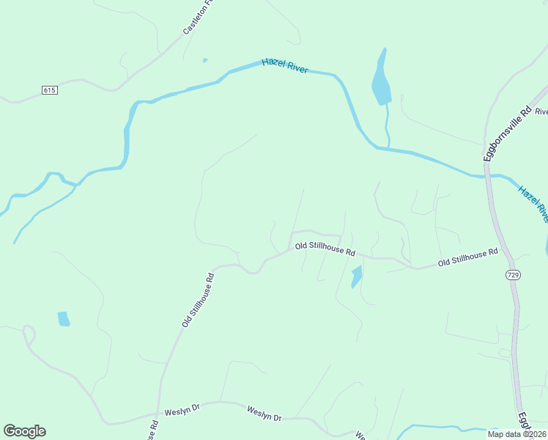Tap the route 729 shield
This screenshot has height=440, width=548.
[x=512, y=274]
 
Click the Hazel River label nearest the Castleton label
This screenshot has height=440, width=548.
[x=285, y=67]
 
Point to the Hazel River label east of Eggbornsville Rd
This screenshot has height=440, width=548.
[x=533, y=203]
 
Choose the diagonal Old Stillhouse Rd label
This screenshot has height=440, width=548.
[x=197, y=300]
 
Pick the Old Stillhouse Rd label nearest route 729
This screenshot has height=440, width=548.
[x=467, y=257]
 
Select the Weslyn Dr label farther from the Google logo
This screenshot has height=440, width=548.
[x=264, y=413]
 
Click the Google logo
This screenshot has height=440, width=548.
[x=24, y=430]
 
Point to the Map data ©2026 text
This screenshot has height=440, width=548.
[x=515, y=433]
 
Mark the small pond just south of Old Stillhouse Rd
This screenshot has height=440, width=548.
[x=357, y=277]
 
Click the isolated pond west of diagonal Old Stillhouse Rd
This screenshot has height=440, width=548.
[x=64, y=318]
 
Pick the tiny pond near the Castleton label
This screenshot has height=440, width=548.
[x=205, y=60]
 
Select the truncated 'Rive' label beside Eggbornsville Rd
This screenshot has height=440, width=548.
[x=541, y=112]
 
